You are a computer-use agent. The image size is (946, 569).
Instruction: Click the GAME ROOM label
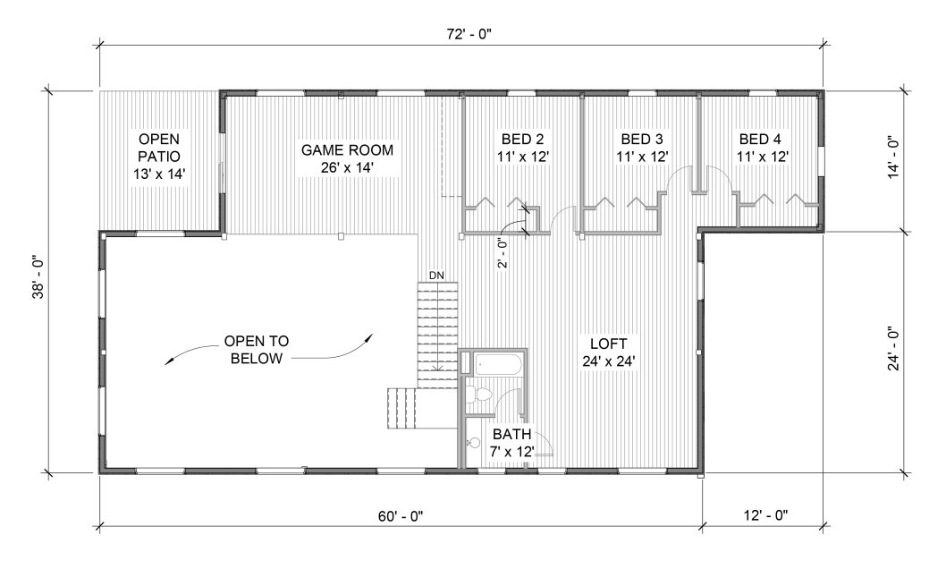point(348,158)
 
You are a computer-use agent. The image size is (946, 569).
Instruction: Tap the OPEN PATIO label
point(159,157)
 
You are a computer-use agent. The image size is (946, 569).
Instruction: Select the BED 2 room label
point(522,148)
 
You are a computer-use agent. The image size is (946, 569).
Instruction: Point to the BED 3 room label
point(642,148)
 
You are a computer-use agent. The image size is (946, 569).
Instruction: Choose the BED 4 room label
point(762,148)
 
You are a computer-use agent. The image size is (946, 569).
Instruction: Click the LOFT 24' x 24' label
point(609,352)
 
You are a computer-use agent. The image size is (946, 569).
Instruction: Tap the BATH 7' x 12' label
point(512,442)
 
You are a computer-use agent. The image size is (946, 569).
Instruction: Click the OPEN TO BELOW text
point(257,350)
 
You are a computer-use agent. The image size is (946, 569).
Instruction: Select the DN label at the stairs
point(436,276)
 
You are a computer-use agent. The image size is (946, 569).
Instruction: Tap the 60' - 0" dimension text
point(401,516)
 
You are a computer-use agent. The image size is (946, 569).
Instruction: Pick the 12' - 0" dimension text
point(765,515)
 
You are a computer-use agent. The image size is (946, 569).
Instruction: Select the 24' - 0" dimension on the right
point(893,349)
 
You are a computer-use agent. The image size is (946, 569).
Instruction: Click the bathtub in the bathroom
point(498,365)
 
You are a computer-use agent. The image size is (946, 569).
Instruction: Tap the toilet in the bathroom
point(481,396)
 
